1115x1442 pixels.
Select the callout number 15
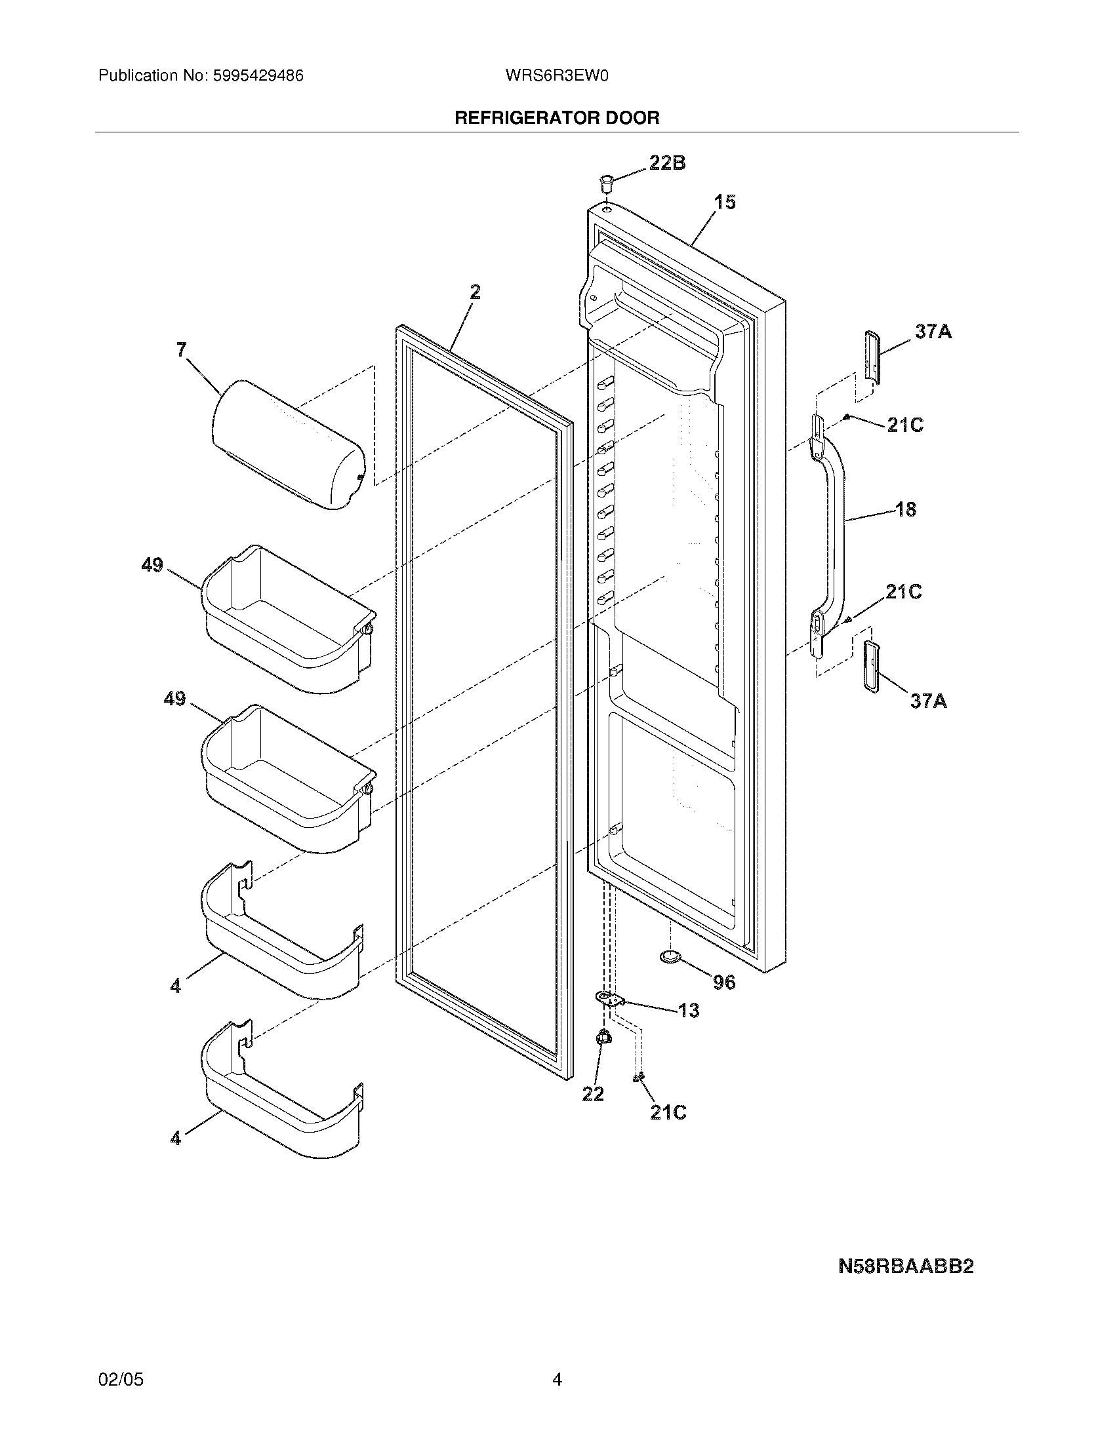click(725, 202)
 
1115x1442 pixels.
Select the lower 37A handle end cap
click(871, 666)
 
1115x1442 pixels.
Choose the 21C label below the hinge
click(668, 1112)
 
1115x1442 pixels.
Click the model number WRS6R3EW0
click(556, 76)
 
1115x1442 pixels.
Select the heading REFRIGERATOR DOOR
click(557, 118)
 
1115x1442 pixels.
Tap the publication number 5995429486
click(258, 76)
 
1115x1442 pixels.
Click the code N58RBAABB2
click(906, 1266)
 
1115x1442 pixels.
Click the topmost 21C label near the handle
click(904, 425)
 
